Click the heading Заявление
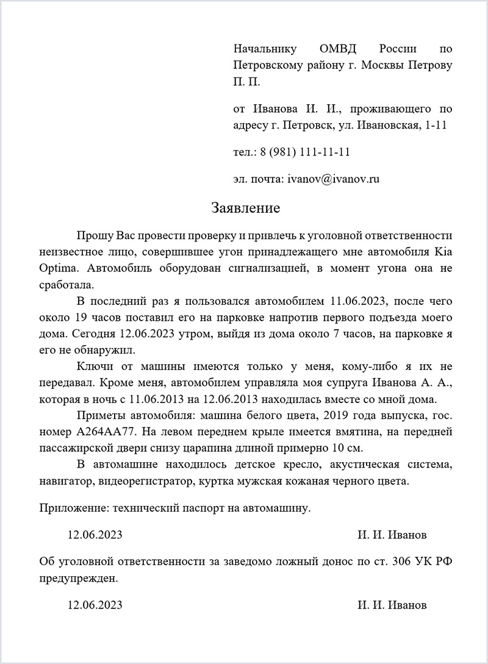point(245,209)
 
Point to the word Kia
point(442,251)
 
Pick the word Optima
point(59,268)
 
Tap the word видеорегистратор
point(149,482)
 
